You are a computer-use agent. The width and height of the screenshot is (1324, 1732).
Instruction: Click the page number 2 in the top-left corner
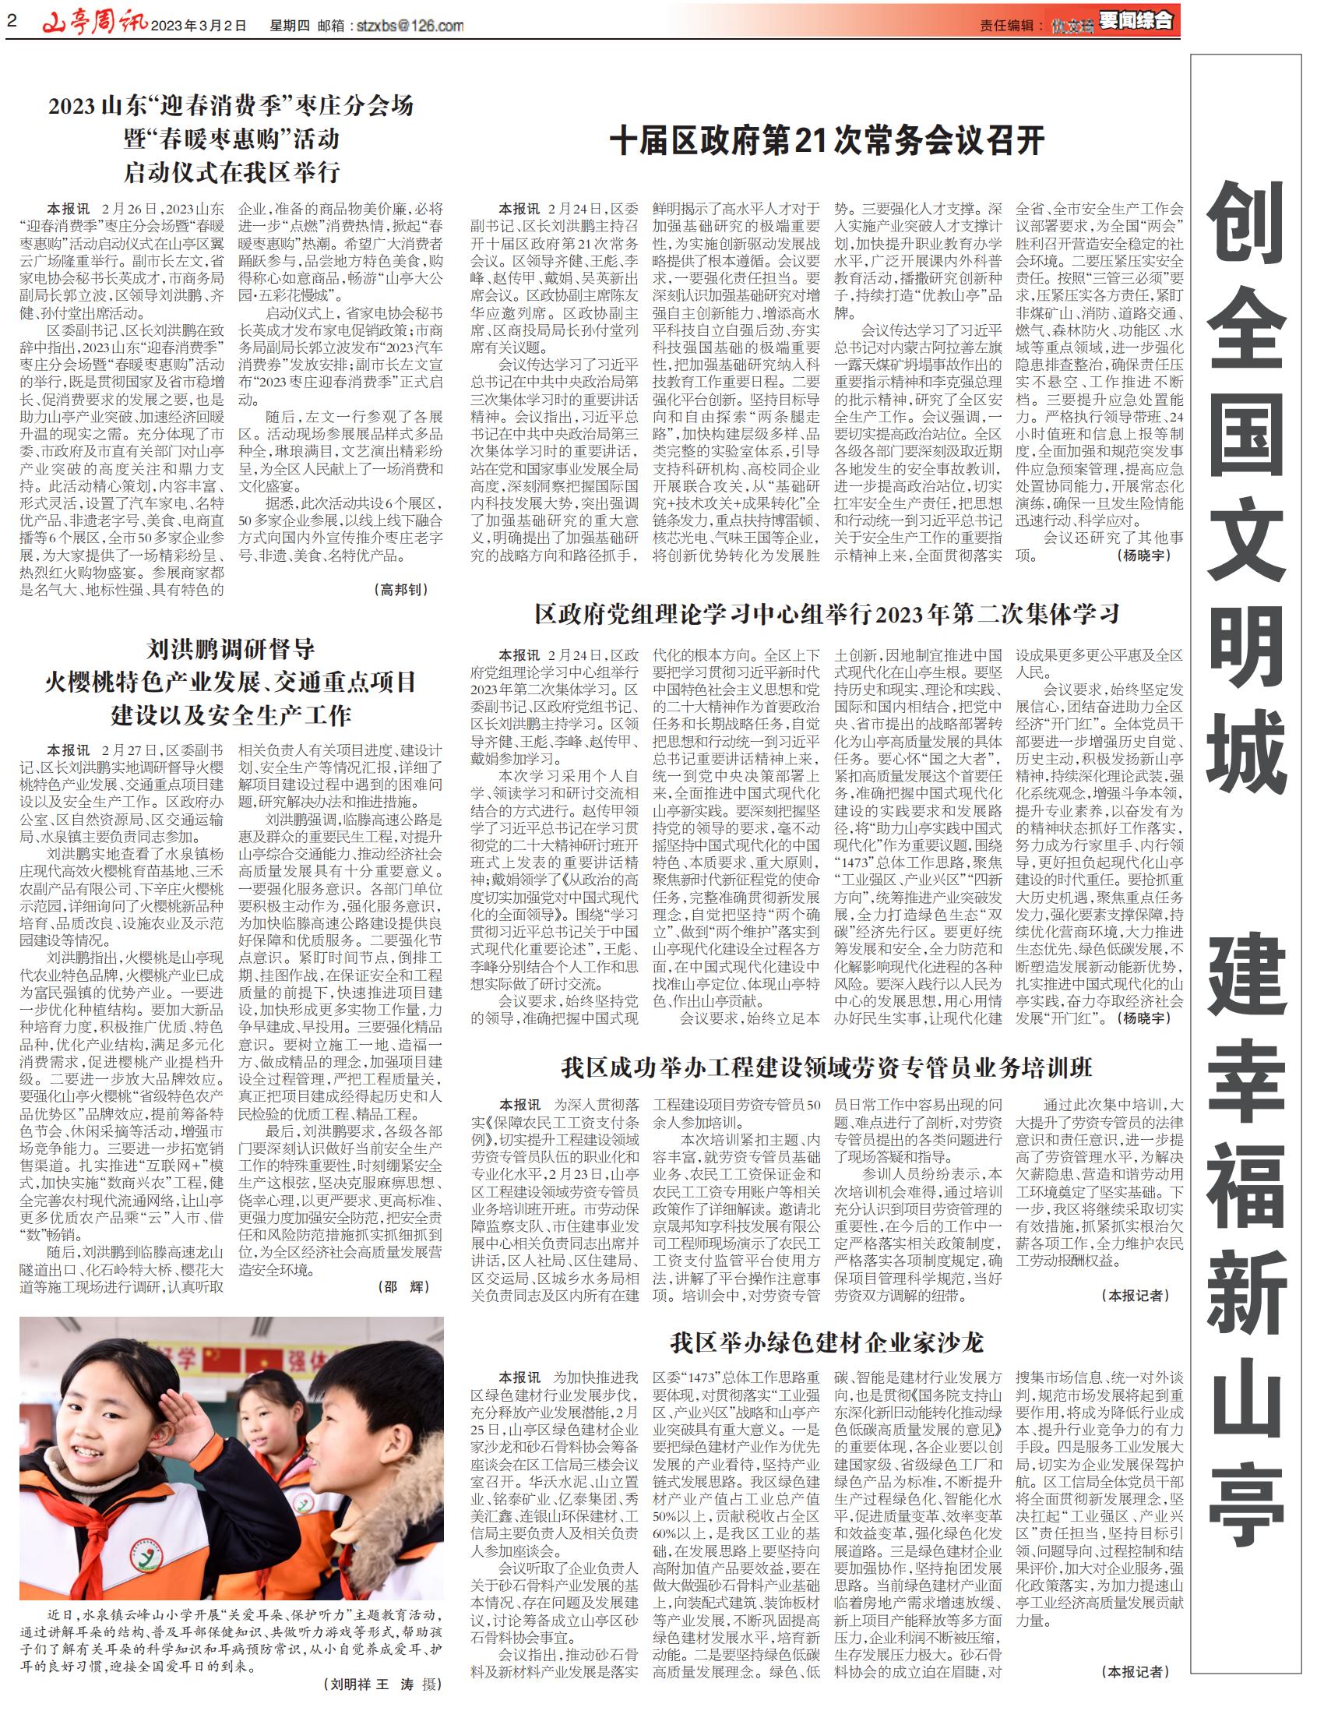(11, 22)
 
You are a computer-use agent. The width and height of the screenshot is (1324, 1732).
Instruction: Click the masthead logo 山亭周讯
(94, 23)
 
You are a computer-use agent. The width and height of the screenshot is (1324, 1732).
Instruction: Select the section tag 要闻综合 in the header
(1136, 21)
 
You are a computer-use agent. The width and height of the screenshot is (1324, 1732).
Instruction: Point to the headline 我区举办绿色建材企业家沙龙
(826, 1342)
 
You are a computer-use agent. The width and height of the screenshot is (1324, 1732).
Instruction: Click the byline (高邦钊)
(402, 589)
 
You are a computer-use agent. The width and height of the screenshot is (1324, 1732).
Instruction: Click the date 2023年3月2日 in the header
(199, 26)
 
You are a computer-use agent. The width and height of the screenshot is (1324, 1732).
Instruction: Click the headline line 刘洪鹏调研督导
(231, 650)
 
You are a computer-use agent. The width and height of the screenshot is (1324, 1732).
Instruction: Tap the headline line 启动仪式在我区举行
(231, 173)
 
